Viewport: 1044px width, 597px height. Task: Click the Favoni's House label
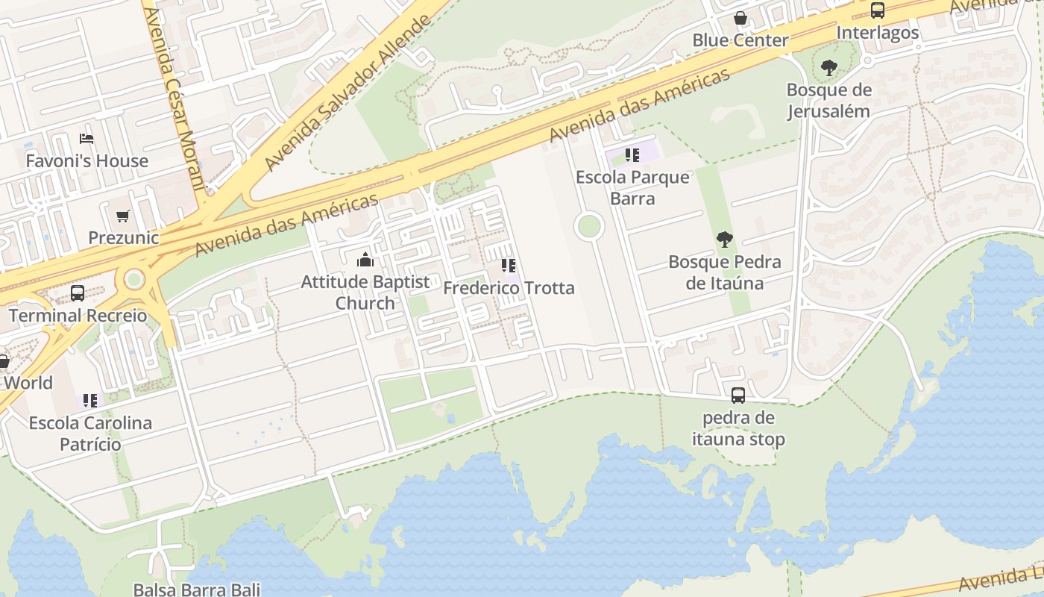pos(87,160)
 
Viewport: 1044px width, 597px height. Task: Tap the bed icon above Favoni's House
pos(87,139)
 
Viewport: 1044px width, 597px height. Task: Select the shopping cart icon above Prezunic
pos(123,216)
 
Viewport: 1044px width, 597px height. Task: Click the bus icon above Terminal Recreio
pos(78,293)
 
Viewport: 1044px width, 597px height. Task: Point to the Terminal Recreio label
pos(78,315)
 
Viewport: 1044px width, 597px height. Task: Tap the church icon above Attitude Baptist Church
pos(365,260)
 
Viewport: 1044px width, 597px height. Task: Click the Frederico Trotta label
pos(509,288)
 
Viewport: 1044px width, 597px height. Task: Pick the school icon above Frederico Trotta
pos(509,266)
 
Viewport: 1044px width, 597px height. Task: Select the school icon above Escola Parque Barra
pos(632,155)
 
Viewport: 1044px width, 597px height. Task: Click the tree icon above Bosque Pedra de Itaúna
pos(724,240)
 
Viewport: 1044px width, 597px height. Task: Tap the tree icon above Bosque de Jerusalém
pos(828,69)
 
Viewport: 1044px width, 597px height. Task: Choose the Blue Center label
pos(740,40)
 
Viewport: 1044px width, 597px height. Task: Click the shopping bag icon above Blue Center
pos(740,18)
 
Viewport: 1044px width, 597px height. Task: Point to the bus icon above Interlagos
pos(878,11)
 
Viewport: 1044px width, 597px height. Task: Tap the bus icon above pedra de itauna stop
pos(738,396)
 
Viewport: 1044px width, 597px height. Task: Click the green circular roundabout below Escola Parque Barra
pos(589,226)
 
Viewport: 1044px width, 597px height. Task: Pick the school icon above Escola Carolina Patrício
pos(90,401)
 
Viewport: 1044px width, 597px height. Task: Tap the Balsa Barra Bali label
pos(197,590)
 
